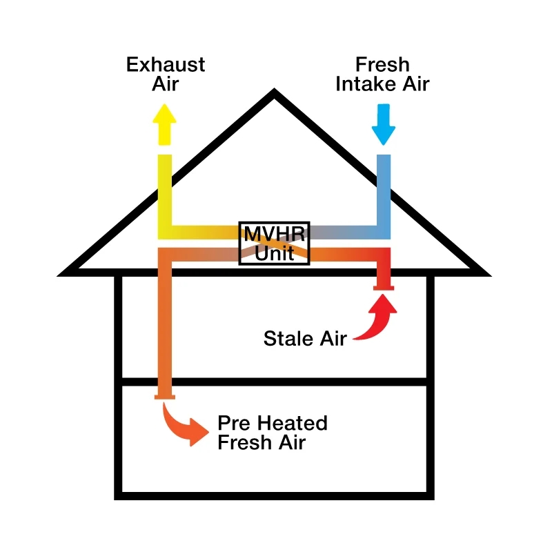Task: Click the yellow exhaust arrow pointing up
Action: point(164,124)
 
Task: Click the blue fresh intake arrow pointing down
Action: point(384,124)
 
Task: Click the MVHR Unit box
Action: point(274,244)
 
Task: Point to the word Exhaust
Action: point(166,65)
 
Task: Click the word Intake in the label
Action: point(367,84)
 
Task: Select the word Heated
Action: point(292,423)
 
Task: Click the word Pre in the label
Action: point(234,423)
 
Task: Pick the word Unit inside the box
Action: point(274,253)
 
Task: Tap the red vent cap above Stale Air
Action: point(384,288)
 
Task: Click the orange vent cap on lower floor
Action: point(165,397)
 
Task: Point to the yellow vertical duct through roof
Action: point(165,197)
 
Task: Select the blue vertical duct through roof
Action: point(384,197)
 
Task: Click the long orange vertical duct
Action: point(165,322)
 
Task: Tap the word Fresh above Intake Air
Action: point(383,65)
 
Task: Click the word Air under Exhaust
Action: point(166,84)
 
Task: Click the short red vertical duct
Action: point(384,267)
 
